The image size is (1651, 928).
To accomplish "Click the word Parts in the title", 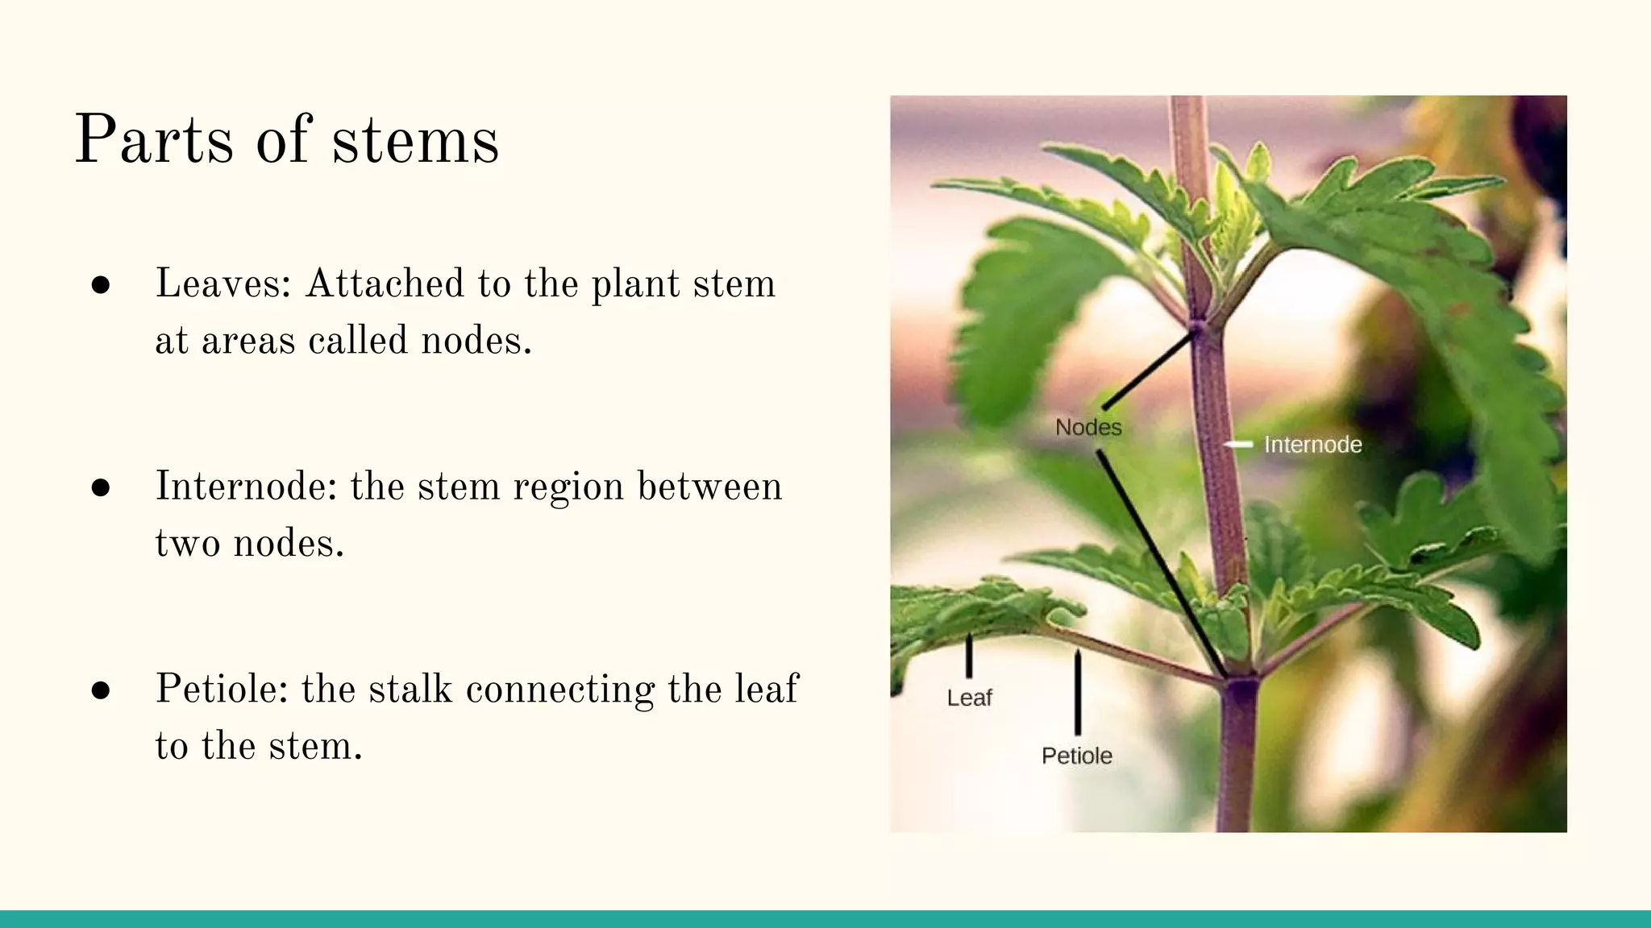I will point(154,140).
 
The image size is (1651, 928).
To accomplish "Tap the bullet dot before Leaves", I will point(101,285).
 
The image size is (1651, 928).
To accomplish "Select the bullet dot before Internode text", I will point(101,488).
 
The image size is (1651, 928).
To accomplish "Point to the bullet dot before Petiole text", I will point(101,690).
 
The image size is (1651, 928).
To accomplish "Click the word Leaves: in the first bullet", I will point(223,284).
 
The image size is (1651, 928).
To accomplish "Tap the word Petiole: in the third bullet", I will point(221,690).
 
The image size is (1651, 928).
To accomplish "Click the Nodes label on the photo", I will point(1088,427).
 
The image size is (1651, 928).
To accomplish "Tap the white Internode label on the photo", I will point(1312,445).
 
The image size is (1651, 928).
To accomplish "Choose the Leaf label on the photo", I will point(969,698).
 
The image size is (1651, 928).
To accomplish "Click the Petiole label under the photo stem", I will point(1076,756).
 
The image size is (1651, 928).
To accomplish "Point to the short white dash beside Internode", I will point(1238,444).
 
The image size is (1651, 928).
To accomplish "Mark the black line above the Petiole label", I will point(1078,693).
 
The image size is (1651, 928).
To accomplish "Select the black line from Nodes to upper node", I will point(1147,371).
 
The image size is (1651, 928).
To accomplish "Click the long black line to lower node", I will point(1161,564).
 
